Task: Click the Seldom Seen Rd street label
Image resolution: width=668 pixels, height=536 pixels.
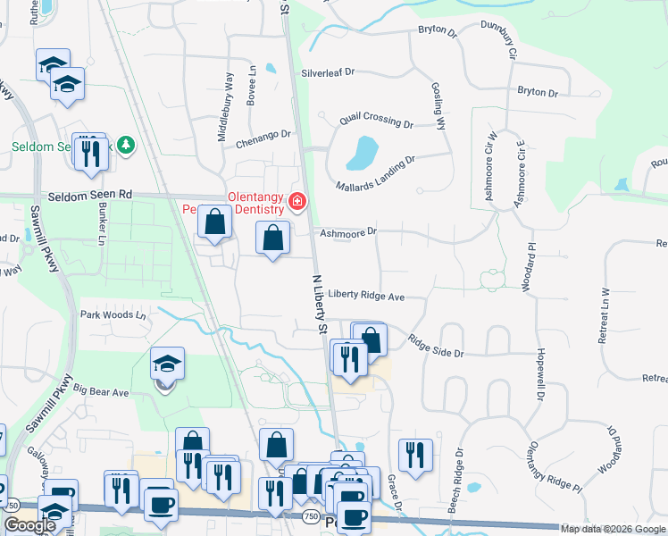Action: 89,194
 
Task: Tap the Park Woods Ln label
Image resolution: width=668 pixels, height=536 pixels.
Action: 113,314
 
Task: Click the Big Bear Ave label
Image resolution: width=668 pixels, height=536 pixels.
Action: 102,391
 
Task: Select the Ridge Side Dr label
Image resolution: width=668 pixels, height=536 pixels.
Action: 436,347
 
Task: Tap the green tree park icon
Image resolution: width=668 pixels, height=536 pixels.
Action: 126,145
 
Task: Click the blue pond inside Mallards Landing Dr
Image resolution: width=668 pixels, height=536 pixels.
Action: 361,153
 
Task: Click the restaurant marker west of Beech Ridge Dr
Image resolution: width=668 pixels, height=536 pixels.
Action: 415,455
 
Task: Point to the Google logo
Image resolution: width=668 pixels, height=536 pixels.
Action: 29,526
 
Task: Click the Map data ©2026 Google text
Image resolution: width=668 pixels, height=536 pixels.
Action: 613,529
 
